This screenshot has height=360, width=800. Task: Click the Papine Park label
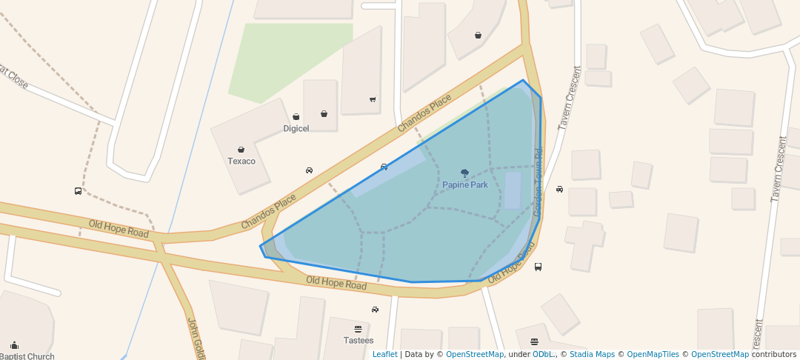[465, 184]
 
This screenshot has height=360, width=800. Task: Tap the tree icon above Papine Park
[464, 173]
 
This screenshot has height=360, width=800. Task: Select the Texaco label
[241, 161]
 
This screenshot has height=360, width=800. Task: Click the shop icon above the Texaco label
[241, 150]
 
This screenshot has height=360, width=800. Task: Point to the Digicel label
[296, 127]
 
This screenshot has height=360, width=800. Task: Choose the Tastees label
[359, 340]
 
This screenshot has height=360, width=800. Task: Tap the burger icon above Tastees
[359, 329]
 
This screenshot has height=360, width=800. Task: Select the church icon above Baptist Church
[14, 345]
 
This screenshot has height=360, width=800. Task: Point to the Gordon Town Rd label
[539, 181]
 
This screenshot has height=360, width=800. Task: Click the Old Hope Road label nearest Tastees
[336, 283]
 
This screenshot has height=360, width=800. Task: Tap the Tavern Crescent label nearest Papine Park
[569, 99]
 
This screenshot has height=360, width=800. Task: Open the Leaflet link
[384, 354]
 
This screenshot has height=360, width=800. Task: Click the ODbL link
[543, 354]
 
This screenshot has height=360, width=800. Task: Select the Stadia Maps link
[592, 354]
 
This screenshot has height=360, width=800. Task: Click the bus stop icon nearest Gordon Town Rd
[538, 267]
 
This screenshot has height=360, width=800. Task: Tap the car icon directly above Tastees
[375, 310]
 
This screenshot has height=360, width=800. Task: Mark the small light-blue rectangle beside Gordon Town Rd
[513, 190]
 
